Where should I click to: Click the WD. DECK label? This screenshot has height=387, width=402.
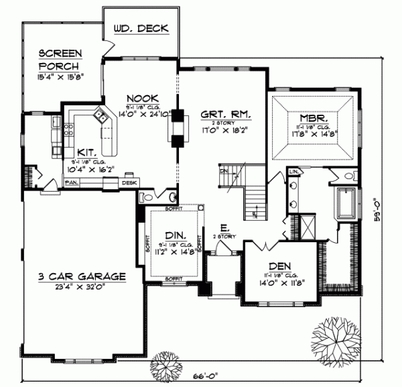click(141, 28)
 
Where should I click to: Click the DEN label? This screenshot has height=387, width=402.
click(280, 265)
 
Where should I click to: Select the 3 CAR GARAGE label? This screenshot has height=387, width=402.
click(81, 276)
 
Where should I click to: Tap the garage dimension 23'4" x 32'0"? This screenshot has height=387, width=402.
click(81, 285)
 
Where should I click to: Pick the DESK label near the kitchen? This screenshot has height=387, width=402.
click(129, 182)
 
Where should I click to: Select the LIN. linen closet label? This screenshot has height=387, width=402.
click(294, 172)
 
